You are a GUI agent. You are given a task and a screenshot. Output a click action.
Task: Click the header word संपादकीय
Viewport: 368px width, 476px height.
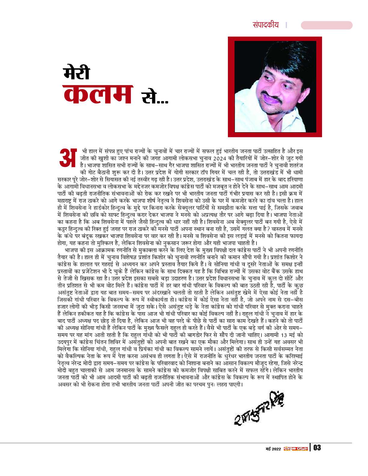pos(265,25)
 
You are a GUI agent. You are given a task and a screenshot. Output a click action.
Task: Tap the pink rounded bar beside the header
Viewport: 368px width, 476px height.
pos(327,25)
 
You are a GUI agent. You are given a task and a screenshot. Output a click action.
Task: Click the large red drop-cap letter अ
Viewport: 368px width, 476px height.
pos(68,157)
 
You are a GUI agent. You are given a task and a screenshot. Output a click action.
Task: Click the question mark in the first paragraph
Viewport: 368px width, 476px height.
pos(274,228)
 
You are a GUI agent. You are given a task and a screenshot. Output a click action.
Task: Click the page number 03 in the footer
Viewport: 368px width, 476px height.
pos(317,448)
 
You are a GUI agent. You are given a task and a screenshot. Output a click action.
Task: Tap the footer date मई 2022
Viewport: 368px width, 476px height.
pos(273,449)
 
